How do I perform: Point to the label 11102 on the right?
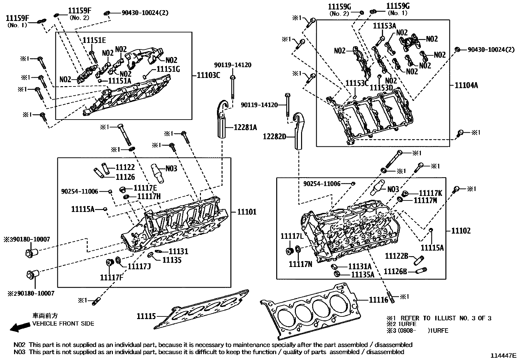click(460, 231)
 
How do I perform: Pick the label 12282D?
click(274, 136)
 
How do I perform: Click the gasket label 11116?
click(378, 300)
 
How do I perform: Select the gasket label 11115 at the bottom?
click(146, 316)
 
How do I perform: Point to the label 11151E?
click(94, 40)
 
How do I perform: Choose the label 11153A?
click(385, 26)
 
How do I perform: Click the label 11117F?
click(112, 278)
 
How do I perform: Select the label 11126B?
click(395, 272)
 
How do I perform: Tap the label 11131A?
click(360, 267)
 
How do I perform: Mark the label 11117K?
click(430, 193)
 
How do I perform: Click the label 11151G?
click(168, 69)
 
